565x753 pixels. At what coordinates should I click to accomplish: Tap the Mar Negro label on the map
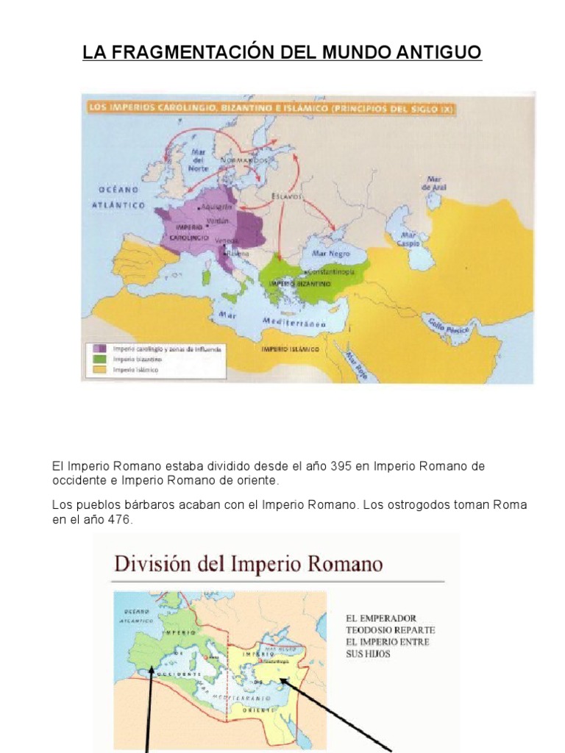click(x=329, y=252)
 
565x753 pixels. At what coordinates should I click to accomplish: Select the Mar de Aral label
click(x=435, y=184)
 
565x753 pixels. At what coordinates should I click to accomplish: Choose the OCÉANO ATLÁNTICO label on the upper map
click(x=118, y=197)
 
